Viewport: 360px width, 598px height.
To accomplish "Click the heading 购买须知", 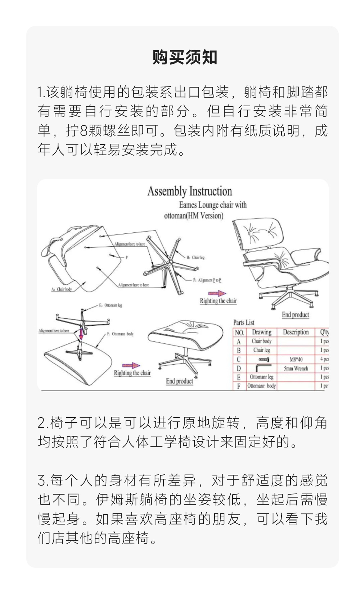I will (185, 58).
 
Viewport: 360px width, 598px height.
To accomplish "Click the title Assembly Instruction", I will (190, 191).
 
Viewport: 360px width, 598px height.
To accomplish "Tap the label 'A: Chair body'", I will (62, 289).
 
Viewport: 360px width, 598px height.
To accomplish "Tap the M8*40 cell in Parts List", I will (296, 359).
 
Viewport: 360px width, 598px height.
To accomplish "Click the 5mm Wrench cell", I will (296, 368).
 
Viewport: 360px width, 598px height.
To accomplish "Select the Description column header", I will (296, 332).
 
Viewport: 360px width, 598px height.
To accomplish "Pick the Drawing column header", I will (262, 332).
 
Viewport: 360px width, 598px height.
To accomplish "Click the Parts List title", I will (244, 322).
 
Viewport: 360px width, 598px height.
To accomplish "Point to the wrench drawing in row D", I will (262, 368).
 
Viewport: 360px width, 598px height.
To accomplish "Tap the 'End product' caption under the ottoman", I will (180, 381).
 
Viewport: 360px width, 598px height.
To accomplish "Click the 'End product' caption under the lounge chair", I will (296, 314).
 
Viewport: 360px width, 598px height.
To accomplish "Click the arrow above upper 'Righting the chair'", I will (217, 294).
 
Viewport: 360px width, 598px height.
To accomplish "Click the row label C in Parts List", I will (239, 359).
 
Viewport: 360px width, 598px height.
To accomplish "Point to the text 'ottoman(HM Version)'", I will (194, 216).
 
